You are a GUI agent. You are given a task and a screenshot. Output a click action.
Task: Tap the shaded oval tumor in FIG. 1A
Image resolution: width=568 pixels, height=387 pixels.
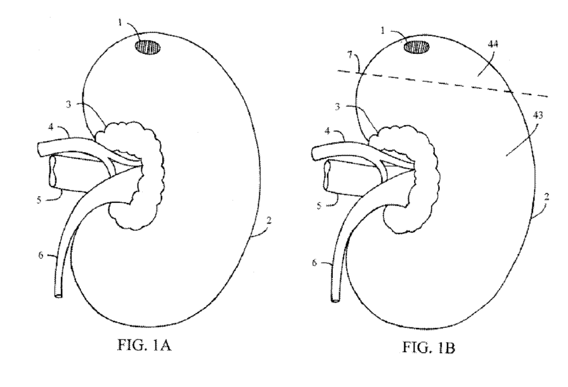148,46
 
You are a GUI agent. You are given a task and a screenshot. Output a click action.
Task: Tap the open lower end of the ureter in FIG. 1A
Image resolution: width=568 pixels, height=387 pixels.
59,296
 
